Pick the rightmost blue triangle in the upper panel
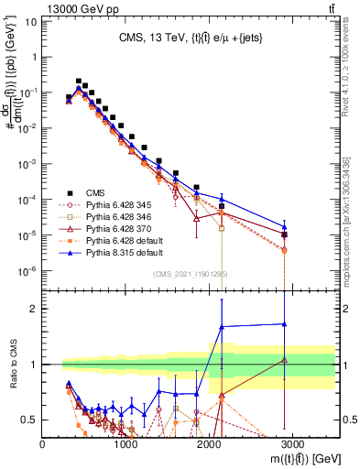(285, 227)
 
